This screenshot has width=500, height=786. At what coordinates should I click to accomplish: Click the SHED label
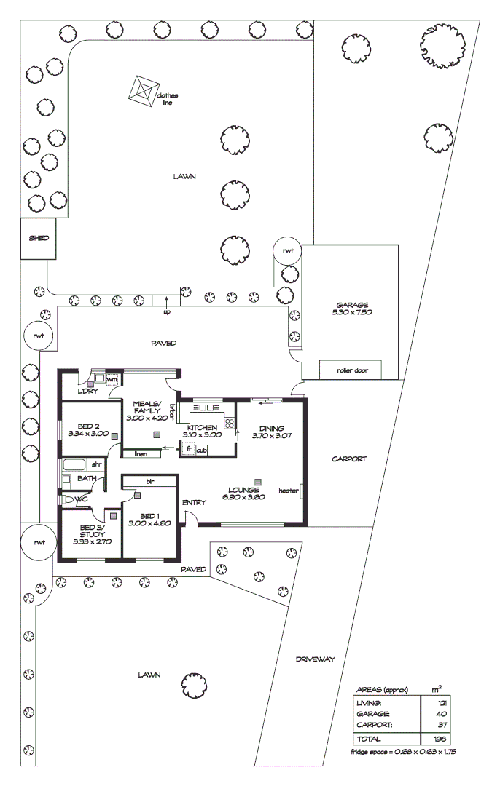pos(38,237)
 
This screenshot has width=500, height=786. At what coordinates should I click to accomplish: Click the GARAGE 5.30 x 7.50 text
pos(352,310)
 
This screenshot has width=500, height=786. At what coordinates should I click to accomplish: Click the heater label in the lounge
pos(288,491)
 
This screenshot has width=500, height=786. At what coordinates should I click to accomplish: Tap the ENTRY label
pos(194,503)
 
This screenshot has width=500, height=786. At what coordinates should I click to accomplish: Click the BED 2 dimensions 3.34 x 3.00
pos(88,433)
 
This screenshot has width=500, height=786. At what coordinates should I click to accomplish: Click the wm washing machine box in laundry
pos(112,379)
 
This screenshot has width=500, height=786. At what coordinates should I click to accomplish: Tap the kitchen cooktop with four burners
pos(230,423)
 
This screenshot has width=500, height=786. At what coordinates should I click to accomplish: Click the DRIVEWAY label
pos(315,659)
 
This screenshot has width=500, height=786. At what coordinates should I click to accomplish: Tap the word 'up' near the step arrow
pos(167,311)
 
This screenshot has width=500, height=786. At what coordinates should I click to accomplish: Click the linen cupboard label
pos(141,454)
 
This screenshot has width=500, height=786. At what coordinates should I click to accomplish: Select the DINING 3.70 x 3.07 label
pos(271,432)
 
